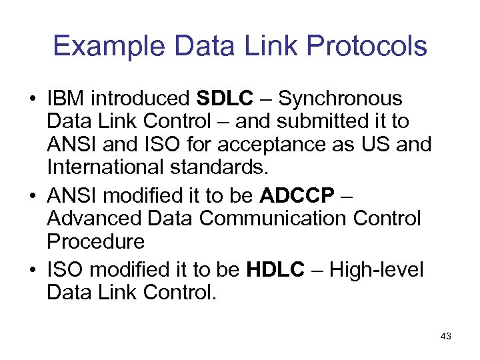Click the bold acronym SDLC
click(225, 99)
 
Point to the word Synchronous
click(341, 99)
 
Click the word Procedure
click(95, 241)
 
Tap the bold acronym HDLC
click(275, 269)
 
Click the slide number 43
click(445, 337)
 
